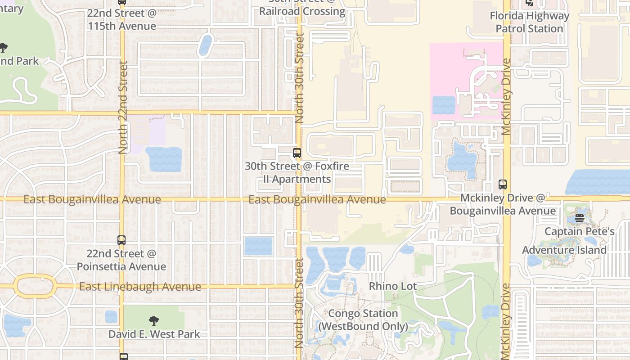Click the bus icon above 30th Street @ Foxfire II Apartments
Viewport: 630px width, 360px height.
[x=297, y=153]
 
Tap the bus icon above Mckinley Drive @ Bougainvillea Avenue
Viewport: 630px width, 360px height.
[x=503, y=184]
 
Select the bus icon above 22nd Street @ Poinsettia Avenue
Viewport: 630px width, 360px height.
[x=121, y=240]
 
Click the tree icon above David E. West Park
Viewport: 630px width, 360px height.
[x=154, y=321]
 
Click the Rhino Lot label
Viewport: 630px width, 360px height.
[x=393, y=286]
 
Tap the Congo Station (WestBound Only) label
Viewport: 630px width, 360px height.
[x=363, y=320]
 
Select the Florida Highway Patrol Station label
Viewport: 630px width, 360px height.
[x=529, y=22]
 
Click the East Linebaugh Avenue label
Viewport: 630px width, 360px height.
[x=140, y=287]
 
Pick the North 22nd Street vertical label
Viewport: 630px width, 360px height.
[x=123, y=107]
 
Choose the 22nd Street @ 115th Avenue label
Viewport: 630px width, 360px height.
[x=122, y=19]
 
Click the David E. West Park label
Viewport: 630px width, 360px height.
[x=154, y=334]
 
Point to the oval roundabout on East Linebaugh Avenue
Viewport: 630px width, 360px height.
[x=35, y=286]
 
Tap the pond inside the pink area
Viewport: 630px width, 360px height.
[x=443, y=105]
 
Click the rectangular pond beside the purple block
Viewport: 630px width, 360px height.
[x=163, y=159]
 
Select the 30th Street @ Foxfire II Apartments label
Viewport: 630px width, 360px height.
[x=297, y=172]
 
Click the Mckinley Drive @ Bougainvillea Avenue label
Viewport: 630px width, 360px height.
[x=503, y=204]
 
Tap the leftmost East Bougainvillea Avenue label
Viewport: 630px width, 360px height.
[x=92, y=199]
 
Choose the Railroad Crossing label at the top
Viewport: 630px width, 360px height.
[x=302, y=11]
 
